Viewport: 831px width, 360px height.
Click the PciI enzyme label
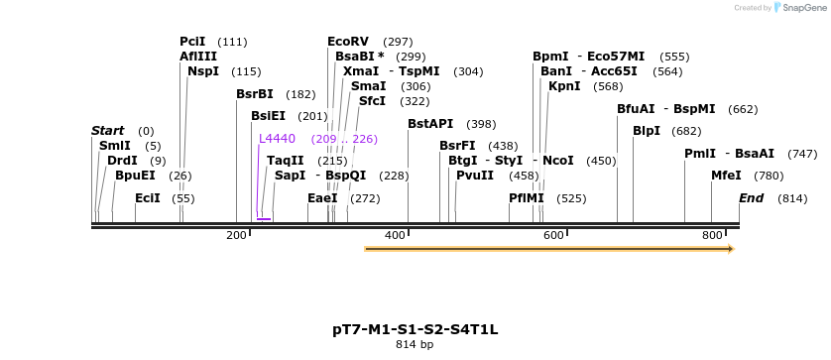192,42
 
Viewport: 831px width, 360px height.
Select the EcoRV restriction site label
348,42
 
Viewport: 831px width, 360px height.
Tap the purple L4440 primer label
277,139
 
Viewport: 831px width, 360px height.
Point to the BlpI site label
646,131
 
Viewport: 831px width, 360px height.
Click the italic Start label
107,131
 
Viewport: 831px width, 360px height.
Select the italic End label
751,198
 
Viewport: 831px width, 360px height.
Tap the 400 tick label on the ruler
395,235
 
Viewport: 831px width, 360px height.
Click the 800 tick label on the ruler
712,235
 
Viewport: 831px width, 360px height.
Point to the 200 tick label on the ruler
236,235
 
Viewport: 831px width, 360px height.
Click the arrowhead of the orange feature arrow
730,249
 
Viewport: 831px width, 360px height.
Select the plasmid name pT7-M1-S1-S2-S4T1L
415,328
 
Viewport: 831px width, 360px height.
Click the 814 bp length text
415,345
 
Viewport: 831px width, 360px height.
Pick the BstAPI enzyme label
430,124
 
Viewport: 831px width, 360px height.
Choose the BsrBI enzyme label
254,94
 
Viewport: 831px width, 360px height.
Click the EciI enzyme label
148,198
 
